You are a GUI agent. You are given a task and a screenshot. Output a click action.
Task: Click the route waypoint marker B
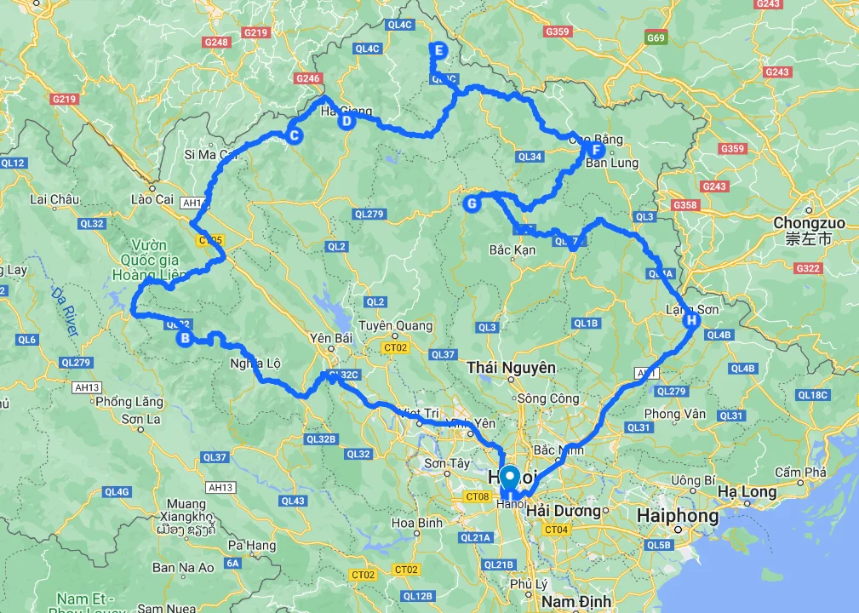184,338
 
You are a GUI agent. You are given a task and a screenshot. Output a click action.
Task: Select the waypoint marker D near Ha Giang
346,121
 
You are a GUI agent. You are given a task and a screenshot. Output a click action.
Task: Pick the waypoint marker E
438,50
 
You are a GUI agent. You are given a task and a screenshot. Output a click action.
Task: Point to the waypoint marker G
472,203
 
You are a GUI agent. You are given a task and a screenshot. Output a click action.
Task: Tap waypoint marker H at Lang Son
691,321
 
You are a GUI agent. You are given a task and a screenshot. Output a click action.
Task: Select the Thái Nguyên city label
512,367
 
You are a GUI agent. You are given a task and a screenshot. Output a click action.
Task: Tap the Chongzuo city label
810,223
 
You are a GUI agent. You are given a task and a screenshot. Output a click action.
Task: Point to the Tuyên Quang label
395,325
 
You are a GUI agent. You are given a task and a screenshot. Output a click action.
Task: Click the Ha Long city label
747,491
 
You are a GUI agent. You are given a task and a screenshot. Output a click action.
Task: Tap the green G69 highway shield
656,38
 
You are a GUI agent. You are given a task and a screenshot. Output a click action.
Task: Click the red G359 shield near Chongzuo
732,149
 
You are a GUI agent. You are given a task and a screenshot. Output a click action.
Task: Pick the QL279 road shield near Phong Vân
671,391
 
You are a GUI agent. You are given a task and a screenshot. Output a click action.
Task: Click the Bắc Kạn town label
513,250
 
